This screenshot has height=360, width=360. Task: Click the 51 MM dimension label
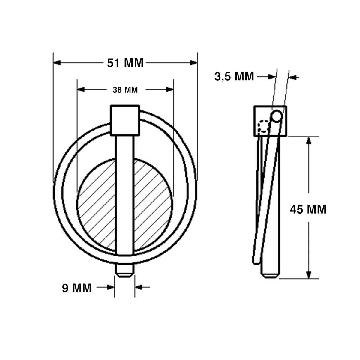pyautogui.click(x=125, y=63)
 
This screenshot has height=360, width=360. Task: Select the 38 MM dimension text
pyautogui.click(x=125, y=90)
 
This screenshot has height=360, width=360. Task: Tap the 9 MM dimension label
pyautogui.click(x=77, y=288)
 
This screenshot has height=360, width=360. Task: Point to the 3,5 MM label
pyautogui.click(x=234, y=76)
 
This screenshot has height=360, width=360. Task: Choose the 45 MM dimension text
pyautogui.click(x=308, y=209)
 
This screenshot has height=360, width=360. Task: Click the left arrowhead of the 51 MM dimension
pyautogui.click(x=57, y=63)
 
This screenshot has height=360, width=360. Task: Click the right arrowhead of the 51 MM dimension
pyautogui.click(x=193, y=63)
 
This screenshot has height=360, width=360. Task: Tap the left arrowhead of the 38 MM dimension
pyautogui.click(x=81, y=90)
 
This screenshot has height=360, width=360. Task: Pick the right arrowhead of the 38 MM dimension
pyautogui.click(x=170, y=90)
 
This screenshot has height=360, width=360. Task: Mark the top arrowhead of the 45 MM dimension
pyautogui.click(x=309, y=140)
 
